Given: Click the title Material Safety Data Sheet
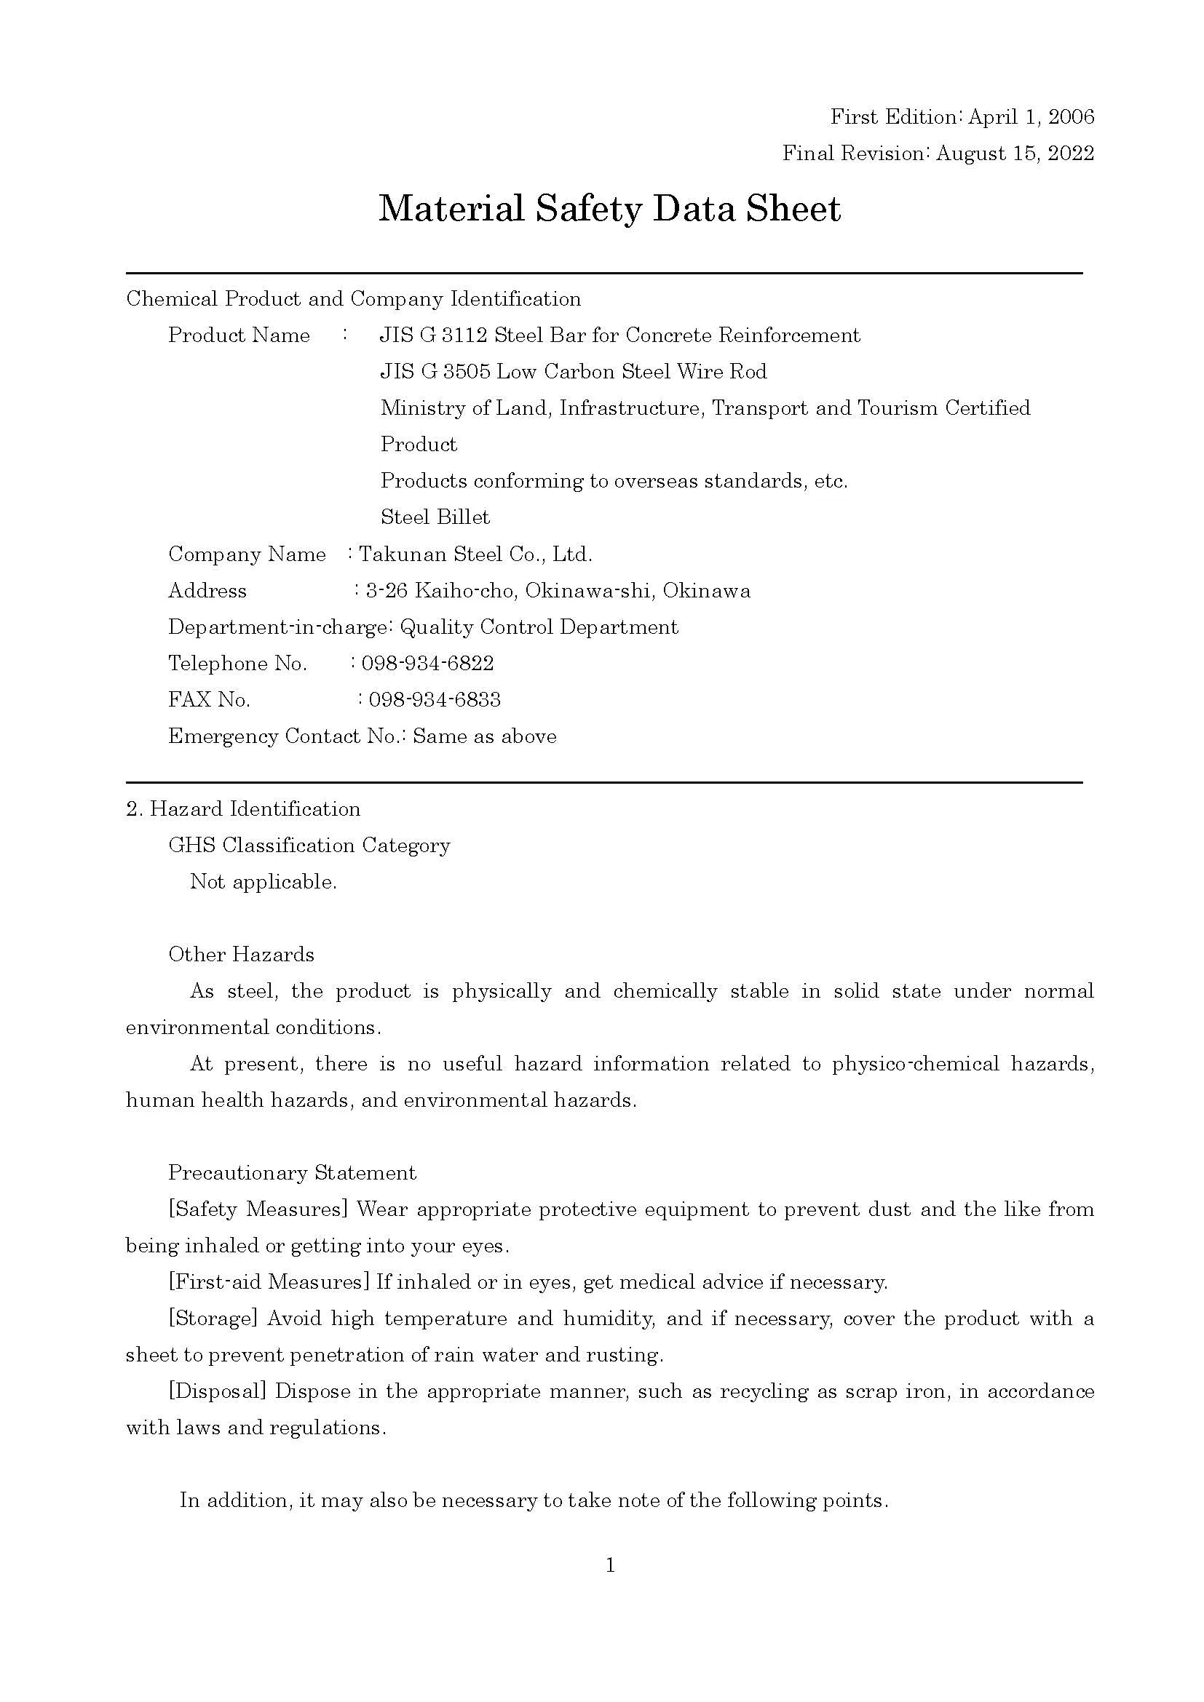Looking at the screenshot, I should pos(609,209).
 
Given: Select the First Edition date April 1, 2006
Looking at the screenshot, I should pos(1031,117).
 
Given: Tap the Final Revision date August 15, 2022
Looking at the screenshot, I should pos(1015,154).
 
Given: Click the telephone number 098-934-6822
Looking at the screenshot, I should pos(428,663).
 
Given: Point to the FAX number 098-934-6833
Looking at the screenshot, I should pos(435,699).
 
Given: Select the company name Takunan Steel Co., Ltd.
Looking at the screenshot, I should pos(475,554).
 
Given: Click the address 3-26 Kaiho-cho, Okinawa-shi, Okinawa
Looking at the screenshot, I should pos(558,590).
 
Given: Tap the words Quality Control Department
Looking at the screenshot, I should pos(539,627).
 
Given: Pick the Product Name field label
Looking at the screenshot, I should pos(239,335).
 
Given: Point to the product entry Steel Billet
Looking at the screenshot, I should pos(435,517).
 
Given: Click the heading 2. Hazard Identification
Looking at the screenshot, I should pos(243,808).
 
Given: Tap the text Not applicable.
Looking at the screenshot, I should pos(264,881).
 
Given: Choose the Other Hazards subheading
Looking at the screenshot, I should pos(241,954).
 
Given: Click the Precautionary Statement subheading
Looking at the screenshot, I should pos(292,1172).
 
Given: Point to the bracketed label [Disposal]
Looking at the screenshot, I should pos(217,1391).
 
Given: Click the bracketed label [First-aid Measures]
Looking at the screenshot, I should pos(269,1281).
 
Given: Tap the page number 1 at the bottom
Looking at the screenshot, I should pos(610,1565).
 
